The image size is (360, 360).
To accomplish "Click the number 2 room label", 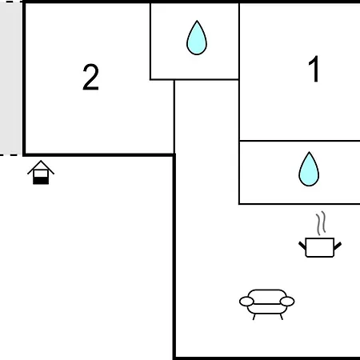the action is click(x=90, y=77).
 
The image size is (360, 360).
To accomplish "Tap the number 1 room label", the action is click(x=314, y=69).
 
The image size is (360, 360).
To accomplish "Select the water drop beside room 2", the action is click(x=197, y=38).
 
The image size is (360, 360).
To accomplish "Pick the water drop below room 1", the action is click(x=309, y=169).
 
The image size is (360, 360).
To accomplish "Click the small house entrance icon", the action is click(x=41, y=172).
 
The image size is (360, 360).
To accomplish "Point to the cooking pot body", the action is click(x=320, y=247).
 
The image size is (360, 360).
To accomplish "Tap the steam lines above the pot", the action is click(x=321, y=223).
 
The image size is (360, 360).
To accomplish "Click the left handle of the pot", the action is click(x=302, y=246).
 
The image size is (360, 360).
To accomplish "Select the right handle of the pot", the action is click(x=338, y=246).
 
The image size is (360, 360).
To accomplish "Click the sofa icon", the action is click(x=267, y=304).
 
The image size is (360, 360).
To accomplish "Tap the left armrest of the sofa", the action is click(x=246, y=302).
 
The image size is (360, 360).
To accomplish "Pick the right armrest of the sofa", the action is click(x=287, y=302).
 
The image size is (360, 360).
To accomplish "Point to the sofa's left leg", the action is click(x=254, y=317).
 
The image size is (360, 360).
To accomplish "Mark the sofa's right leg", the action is click(x=282, y=317).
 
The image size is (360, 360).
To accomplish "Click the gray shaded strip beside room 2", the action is click(x=11, y=78).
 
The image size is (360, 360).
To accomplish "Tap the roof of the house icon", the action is click(x=41, y=166).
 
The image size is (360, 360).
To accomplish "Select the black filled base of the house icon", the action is click(x=41, y=181).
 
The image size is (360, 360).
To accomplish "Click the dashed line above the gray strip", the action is click(x=10, y=2).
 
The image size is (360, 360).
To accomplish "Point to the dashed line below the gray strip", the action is click(x=10, y=154).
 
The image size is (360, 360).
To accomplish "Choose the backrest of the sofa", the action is click(x=267, y=296).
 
